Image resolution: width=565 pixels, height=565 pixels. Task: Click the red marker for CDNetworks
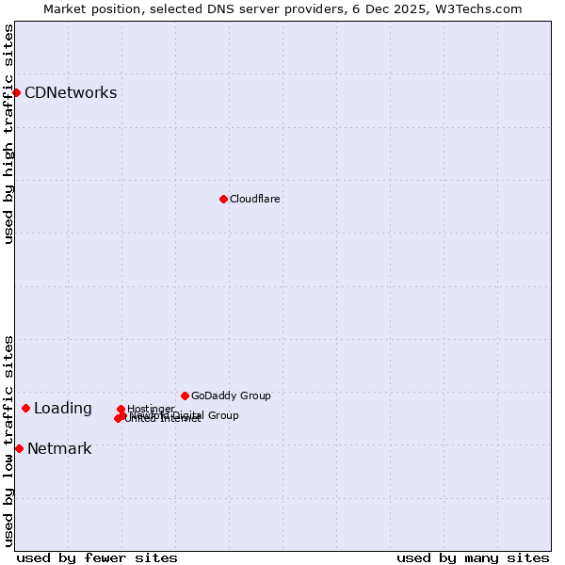pos(17,92)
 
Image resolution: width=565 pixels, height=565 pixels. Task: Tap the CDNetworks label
pos(71,92)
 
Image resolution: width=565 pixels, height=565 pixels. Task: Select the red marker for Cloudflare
pos(223,199)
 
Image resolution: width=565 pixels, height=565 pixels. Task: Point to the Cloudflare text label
pos(255,199)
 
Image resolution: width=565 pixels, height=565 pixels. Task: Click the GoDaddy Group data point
pos(185,395)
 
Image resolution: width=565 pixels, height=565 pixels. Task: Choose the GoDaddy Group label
pos(231,395)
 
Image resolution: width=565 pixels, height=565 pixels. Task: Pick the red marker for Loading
pos(25,408)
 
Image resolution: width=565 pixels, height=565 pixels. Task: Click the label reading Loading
pos(63,408)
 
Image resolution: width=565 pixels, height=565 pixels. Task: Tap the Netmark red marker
pos(19,448)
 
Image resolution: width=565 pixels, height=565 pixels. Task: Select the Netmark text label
pos(59,448)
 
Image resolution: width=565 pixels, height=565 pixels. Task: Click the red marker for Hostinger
pos(121,410)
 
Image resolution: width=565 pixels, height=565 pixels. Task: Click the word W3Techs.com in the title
pos(479,8)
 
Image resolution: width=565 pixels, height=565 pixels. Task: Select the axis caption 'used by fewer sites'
pos(97,557)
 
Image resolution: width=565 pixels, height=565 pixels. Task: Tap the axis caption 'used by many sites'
pos(473,557)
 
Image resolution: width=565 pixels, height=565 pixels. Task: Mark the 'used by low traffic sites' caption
pos(8,441)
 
